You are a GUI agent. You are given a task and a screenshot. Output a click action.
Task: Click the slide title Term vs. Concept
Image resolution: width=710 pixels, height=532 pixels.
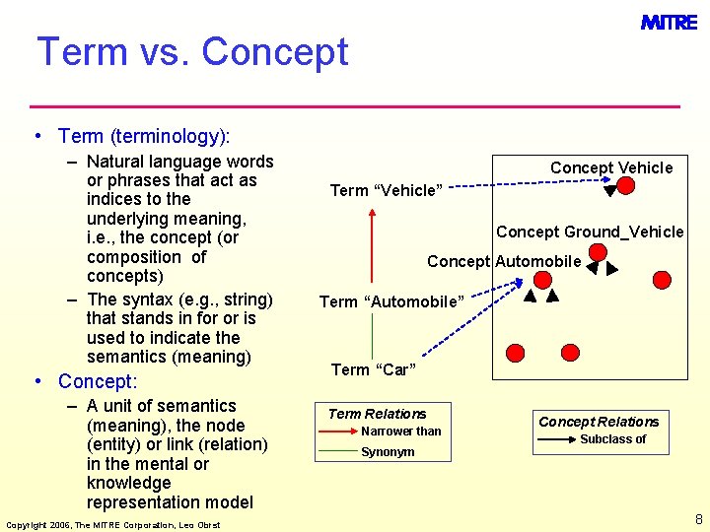pos(192,52)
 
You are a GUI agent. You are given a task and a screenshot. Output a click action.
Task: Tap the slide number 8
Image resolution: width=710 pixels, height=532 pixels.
pos(698,518)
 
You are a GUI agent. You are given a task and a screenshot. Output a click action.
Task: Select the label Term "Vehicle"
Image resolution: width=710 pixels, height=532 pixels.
pos(386,190)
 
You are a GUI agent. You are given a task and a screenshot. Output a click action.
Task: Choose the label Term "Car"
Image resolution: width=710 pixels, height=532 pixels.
pos(374,369)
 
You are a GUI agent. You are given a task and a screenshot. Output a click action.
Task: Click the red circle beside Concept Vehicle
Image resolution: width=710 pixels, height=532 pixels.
pos(625,185)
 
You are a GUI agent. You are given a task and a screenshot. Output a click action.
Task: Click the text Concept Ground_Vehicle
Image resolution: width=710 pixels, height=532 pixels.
pos(589,232)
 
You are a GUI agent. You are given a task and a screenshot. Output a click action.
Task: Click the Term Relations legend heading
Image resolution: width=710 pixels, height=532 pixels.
pos(377,414)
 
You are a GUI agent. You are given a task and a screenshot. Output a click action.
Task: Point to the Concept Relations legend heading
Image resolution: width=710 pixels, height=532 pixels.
pos(598,422)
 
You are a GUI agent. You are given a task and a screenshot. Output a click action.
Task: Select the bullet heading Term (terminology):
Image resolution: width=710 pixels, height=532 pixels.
pos(143,136)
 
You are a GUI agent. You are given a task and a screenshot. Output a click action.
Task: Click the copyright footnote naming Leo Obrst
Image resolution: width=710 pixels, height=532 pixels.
pos(112,524)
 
